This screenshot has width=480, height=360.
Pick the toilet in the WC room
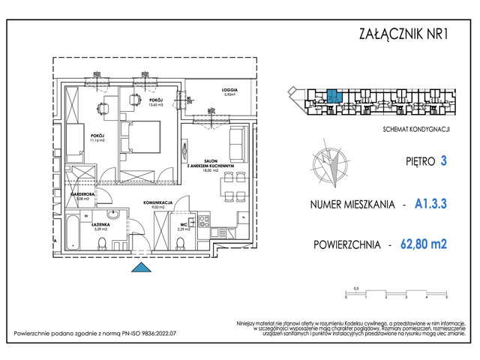(x=181, y=241)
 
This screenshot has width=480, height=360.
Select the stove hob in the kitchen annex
(x=203, y=221)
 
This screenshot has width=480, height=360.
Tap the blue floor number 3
(x=444, y=160)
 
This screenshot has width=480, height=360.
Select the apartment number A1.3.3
(x=432, y=203)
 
